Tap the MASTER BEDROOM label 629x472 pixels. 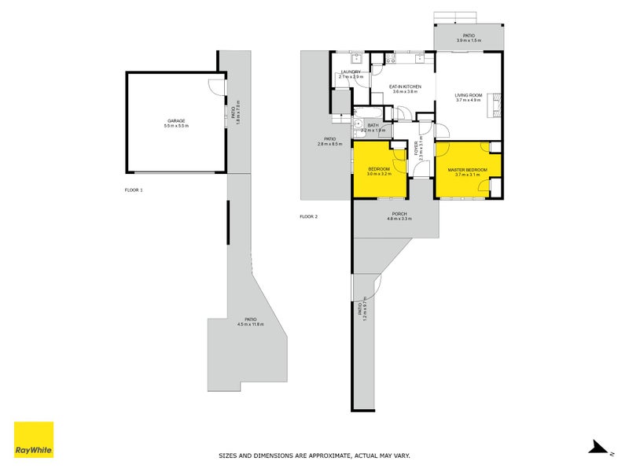pos(468,170)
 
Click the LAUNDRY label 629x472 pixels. pos(351,72)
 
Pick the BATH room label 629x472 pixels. pos(373,125)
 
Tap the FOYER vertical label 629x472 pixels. pos(416,148)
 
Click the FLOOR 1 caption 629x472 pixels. pos(134,190)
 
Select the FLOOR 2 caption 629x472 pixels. pos(308,216)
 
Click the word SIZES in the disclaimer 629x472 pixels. pos(229,455)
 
